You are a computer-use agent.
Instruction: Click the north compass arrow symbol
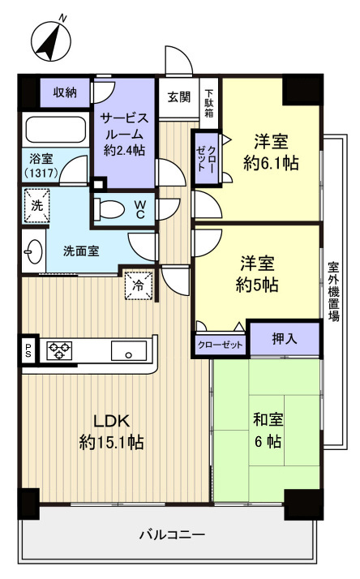point(49,38)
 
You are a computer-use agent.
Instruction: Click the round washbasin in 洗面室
point(32,251)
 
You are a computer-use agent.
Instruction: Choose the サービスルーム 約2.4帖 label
point(124,135)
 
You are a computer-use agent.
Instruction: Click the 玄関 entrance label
point(179,97)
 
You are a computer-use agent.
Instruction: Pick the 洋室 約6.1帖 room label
point(271,151)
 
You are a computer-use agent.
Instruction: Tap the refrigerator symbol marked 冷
point(137,285)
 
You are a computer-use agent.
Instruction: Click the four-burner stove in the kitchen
point(59,350)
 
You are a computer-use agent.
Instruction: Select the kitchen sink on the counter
point(128,351)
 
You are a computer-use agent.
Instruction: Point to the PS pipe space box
point(28,350)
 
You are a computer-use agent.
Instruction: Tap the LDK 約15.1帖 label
point(112,431)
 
